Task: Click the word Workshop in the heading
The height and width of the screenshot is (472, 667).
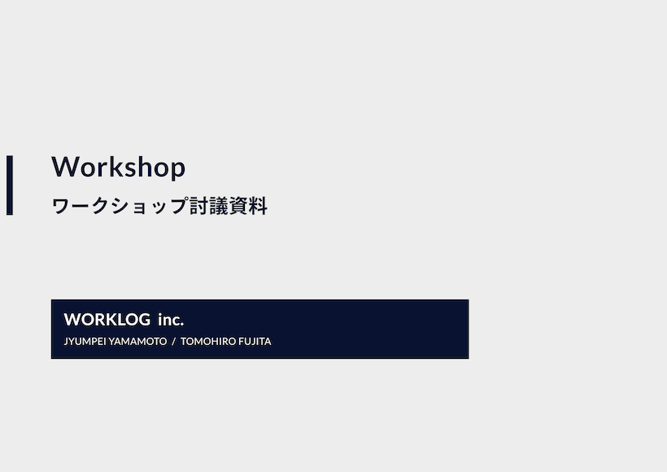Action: click(x=118, y=166)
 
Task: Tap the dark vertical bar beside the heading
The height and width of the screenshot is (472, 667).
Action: click(x=10, y=186)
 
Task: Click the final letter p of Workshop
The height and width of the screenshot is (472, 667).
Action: click(x=178, y=169)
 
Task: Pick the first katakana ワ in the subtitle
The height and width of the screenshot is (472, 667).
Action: click(x=61, y=206)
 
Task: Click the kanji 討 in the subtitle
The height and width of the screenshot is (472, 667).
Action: click(x=198, y=206)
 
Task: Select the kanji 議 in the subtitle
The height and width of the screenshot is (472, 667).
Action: click(x=219, y=206)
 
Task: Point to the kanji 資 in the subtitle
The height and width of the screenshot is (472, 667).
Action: click(x=238, y=206)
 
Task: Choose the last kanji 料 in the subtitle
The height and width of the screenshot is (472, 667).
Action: click(x=258, y=206)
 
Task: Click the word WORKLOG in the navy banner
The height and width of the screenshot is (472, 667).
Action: click(x=107, y=320)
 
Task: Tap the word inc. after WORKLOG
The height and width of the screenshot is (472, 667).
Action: click(x=171, y=320)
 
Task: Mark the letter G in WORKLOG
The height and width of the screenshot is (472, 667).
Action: click(x=143, y=320)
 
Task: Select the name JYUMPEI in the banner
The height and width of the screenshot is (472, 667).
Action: click(x=85, y=341)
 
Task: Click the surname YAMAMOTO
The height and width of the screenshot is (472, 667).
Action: click(x=137, y=341)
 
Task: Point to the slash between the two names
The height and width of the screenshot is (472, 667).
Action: click(x=173, y=341)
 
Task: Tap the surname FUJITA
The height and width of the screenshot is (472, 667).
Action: click(x=255, y=341)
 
